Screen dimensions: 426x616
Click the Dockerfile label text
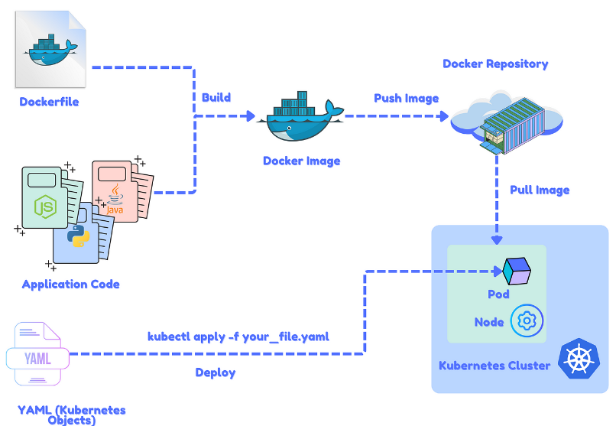click(x=49, y=102)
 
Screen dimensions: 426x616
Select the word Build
click(x=216, y=98)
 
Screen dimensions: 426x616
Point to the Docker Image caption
click(x=301, y=161)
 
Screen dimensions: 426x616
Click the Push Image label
click(x=406, y=98)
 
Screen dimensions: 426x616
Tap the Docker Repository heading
click(x=495, y=63)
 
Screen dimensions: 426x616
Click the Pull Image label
click(x=540, y=190)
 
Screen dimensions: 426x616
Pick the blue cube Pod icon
click(x=517, y=269)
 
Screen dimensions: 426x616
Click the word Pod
click(x=498, y=294)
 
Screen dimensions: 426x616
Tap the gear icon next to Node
click(x=527, y=322)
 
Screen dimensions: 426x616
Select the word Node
click(x=489, y=322)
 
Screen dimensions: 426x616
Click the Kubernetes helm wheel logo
click(x=579, y=359)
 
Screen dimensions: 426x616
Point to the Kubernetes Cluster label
click(x=494, y=365)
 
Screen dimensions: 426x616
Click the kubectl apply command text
click(x=238, y=337)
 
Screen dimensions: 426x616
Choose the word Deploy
click(x=216, y=372)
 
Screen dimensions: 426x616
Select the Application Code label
click(x=71, y=284)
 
